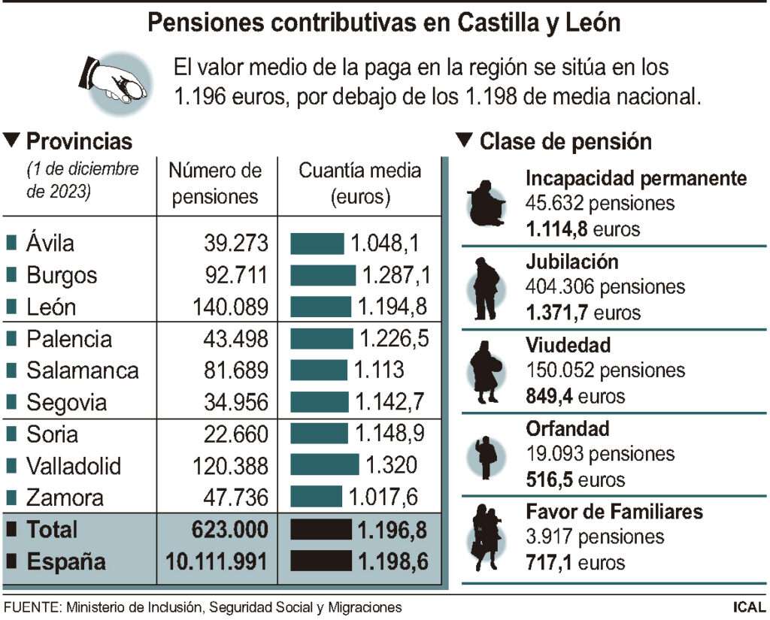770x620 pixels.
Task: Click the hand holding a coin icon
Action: pos(113,82)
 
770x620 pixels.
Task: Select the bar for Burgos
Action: pos(323,275)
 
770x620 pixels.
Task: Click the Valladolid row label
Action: pos(73,466)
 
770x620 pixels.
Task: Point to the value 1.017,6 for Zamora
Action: pos(382,498)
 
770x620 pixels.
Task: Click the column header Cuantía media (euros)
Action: pos(360,183)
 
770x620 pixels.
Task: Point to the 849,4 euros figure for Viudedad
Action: pos(575,395)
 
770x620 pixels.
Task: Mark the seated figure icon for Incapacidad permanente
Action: pos(486,204)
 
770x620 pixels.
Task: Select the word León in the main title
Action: pos(591,23)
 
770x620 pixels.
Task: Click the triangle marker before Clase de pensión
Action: pos(464,140)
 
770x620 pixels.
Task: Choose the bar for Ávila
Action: pos(317,243)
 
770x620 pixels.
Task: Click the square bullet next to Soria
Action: pos(11,434)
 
